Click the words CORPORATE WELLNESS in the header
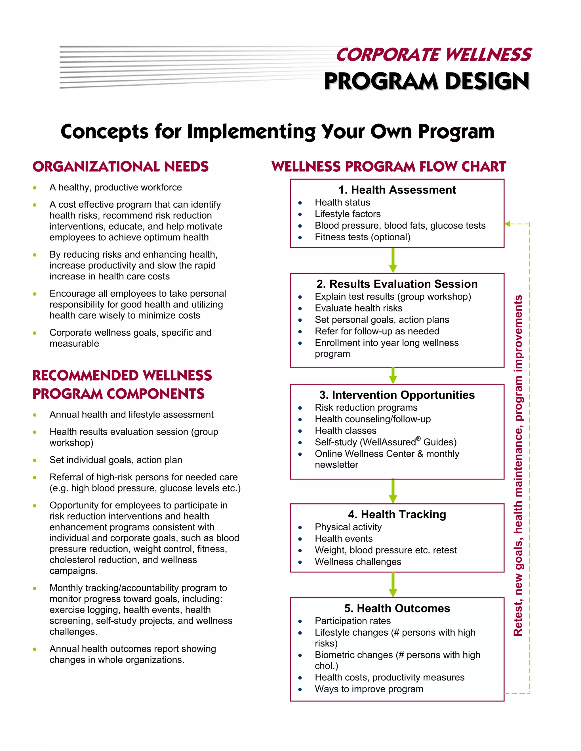coord(434,55)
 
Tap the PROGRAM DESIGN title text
coord(427,82)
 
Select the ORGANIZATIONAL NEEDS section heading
coord(121,167)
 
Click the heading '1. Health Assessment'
coord(397,190)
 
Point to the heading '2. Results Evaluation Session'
coord(397,284)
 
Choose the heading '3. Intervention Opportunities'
coord(397,395)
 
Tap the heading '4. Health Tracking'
coord(397,514)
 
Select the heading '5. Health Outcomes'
coord(397,608)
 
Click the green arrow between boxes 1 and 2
coord(393,260)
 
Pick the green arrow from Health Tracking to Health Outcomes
coord(393,585)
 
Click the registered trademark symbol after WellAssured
coord(418,439)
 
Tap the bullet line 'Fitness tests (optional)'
coord(363,237)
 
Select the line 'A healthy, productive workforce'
coord(116,187)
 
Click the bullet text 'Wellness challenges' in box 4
coord(358,562)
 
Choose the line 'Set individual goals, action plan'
coord(116,460)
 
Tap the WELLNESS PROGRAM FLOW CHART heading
coord(389,167)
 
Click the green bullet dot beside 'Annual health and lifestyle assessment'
coord(35,415)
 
